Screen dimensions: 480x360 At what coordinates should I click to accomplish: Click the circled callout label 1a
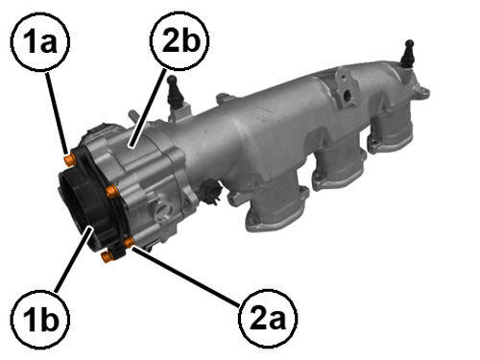pos(40,42)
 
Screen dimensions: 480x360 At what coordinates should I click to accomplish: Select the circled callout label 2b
pos(180,40)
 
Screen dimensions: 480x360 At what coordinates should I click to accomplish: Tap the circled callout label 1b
pos(40,320)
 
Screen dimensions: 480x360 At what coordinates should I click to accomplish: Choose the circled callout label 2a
pos(268,319)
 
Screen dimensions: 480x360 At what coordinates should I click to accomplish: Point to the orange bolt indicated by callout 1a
pos(69,159)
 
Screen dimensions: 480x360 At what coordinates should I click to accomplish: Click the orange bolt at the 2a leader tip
pos(129,242)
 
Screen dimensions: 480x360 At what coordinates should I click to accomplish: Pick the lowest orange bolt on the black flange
pos(107,256)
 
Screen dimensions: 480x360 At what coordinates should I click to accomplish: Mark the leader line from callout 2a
pos(186,276)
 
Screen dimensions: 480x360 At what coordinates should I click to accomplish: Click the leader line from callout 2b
pos(149,108)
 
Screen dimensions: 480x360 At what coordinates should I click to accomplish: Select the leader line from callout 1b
pos(74,259)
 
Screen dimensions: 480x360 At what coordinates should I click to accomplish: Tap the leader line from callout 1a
pos(57,112)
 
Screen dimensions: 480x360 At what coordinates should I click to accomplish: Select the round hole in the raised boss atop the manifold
pos(347,96)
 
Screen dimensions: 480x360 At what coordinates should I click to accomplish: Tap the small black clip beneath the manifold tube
pos(210,190)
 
